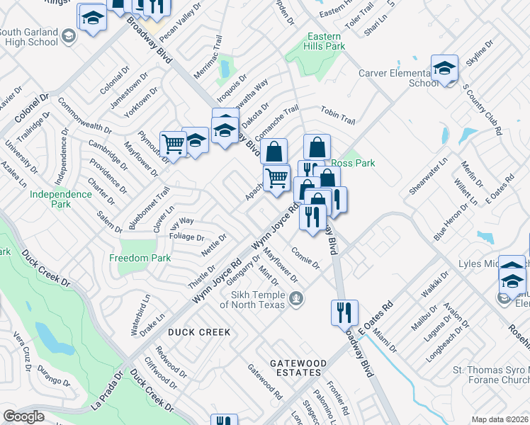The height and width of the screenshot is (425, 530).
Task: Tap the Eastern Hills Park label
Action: [x=325, y=41]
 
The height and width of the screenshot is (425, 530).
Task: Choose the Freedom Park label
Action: [x=140, y=259]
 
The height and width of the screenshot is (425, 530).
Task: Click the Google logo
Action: [x=23, y=416]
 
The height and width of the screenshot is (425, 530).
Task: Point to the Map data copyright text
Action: [x=500, y=419]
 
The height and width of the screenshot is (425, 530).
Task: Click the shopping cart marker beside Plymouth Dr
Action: [x=173, y=144]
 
